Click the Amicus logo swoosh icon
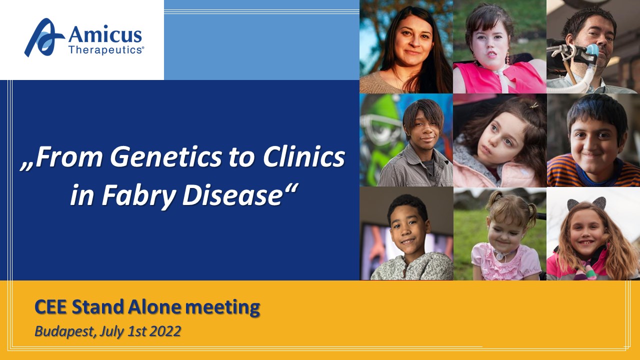pos(43,37)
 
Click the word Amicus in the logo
pos(105,34)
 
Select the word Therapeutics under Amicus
pos(106,50)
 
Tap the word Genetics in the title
pos(166,157)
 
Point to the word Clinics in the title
pos(303,157)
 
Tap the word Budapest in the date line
pos(64,331)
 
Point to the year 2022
pos(165,331)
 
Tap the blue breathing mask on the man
pos(592,51)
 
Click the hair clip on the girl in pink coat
pos(533,106)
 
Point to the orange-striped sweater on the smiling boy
pos(591,171)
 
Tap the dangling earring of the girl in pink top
pos(507,58)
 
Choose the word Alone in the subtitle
pos(154,307)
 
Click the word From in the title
pos(68,157)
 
